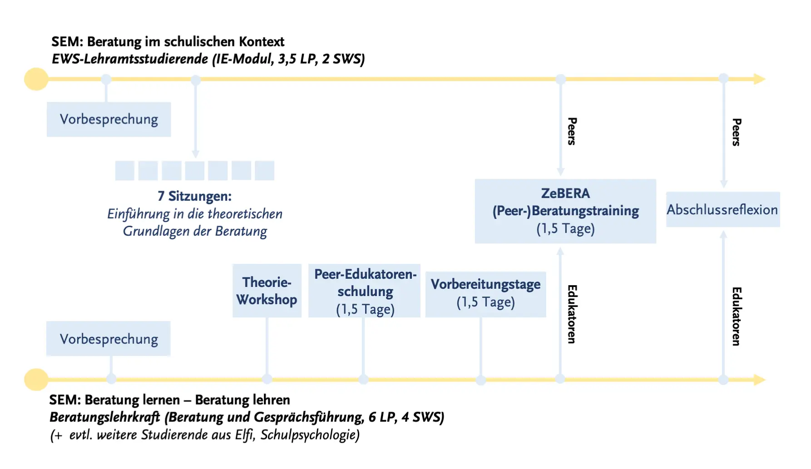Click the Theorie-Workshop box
coord(267,291)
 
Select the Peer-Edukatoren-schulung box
coord(365,291)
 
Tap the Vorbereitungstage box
coord(485,294)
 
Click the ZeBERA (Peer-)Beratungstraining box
coord(565,211)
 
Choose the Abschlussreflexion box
coord(722,209)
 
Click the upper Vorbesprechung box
coord(109,119)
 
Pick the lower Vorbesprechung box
coord(109,339)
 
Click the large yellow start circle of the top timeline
coord(36,79)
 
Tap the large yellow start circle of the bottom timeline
coord(36,380)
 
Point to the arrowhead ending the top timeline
coord(760,79)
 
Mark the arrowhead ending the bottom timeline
coord(760,380)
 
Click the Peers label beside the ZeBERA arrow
coord(572,131)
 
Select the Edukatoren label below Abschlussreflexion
coord(737,316)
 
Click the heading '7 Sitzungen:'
coord(194,196)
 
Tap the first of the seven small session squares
coord(125,171)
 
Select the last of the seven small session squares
coord(264,171)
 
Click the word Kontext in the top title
coord(262,42)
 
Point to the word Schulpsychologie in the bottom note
coord(310,435)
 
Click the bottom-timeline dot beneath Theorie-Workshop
coord(267,379)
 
